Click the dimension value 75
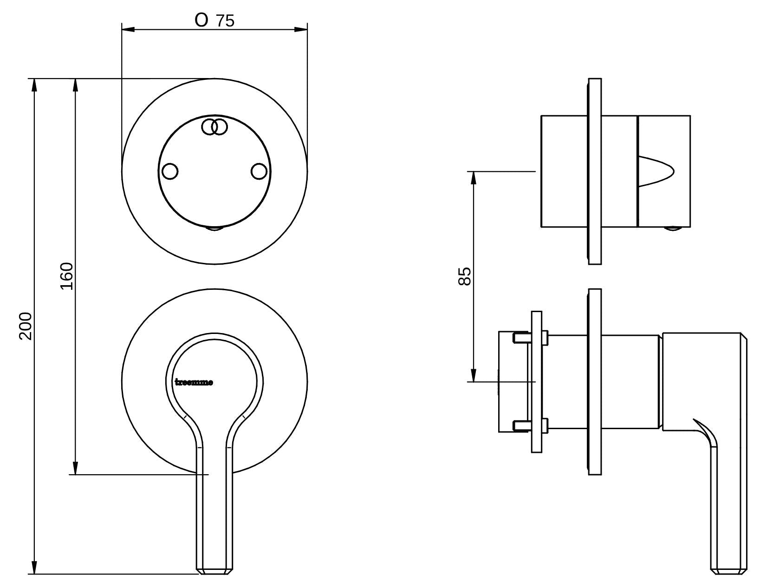(225, 21)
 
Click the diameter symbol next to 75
(201, 21)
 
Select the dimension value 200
(26, 326)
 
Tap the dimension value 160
(67, 276)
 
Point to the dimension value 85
(464, 276)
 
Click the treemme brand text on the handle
(194, 383)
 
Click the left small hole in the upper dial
(170, 171)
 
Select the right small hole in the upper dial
(259, 171)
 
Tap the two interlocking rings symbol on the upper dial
(214, 126)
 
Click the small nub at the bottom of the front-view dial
(214, 229)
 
